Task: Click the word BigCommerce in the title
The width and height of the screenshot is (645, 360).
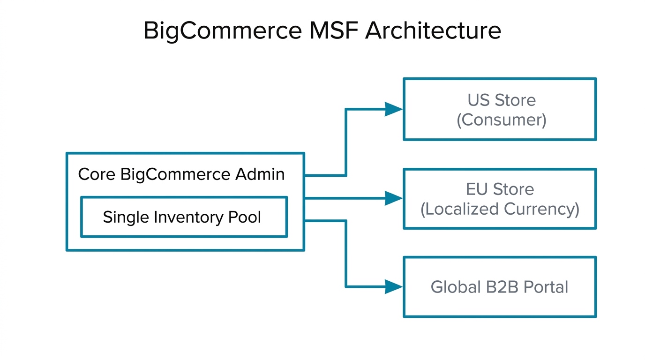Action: coord(223,31)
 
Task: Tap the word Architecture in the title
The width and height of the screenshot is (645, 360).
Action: coord(433,31)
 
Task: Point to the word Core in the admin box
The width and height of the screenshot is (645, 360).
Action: coord(97,174)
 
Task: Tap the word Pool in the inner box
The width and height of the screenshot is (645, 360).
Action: coord(244,217)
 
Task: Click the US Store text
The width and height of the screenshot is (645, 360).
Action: coord(501,100)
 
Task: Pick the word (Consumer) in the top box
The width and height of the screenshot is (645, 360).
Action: coord(501,120)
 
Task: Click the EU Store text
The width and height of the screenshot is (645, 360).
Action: coord(500,189)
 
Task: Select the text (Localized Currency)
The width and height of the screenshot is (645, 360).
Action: coord(500,209)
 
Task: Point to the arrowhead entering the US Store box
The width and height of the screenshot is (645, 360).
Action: coord(393,109)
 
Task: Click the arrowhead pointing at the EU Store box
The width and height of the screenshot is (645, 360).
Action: coord(393,198)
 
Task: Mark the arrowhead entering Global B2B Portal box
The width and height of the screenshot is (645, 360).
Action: coord(393,287)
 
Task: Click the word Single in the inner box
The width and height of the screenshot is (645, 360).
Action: coord(123,217)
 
